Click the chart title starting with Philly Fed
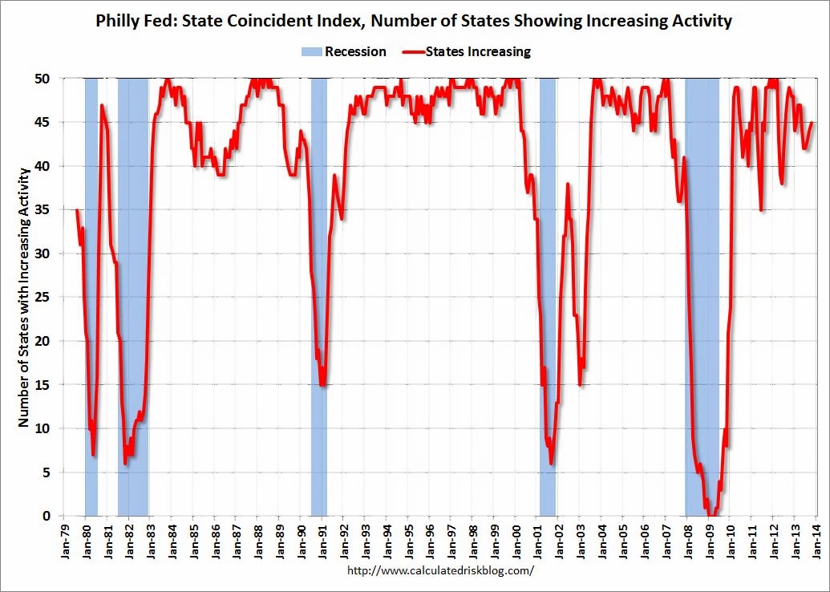tap(415, 21)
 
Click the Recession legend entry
tap(343, 52)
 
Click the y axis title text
tap(23, 297)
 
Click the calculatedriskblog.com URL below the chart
tap(440, 571)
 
